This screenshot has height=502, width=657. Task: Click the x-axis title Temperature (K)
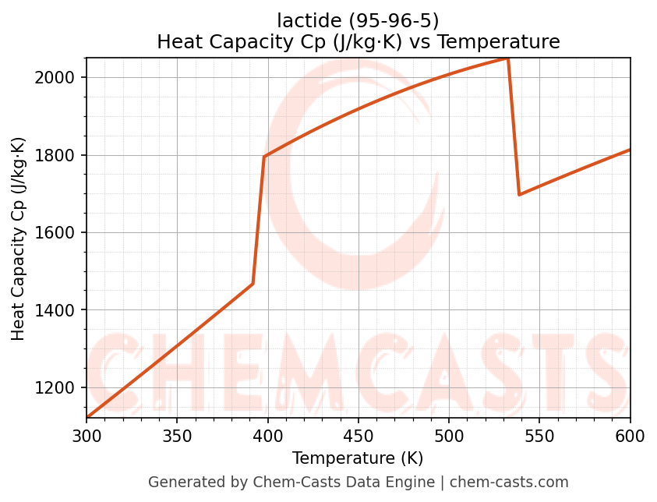pos(358,458)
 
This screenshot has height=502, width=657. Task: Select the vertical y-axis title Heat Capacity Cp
pos(19,239)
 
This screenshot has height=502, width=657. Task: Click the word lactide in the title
pos(303,20)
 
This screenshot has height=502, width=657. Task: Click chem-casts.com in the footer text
pos(509,483)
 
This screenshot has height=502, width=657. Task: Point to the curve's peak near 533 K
pos(508,59)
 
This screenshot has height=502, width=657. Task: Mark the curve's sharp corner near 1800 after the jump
pos(264,157)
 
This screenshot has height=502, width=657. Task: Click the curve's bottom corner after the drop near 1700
pos(519,194)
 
